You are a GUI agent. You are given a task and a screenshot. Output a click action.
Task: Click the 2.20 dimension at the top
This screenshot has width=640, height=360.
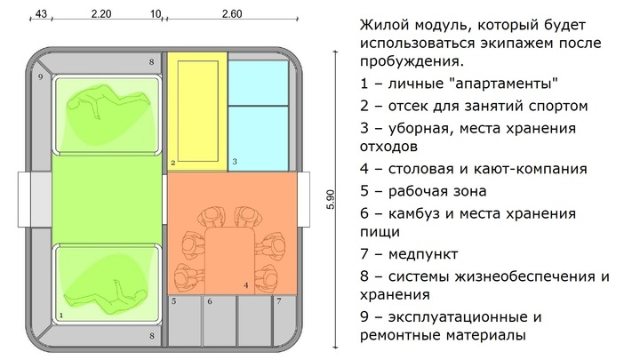100,14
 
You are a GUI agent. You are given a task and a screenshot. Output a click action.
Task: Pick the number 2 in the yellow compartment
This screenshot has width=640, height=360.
173,163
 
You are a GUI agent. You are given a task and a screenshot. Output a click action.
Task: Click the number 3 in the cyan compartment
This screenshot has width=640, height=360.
234,162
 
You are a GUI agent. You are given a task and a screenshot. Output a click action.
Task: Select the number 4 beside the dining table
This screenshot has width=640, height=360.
246,286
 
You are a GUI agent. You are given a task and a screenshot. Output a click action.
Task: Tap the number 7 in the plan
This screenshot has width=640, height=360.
279,302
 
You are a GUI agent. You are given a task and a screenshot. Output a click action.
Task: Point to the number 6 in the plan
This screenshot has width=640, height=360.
211,302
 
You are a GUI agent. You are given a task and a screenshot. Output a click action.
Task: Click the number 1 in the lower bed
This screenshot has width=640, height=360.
60,315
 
